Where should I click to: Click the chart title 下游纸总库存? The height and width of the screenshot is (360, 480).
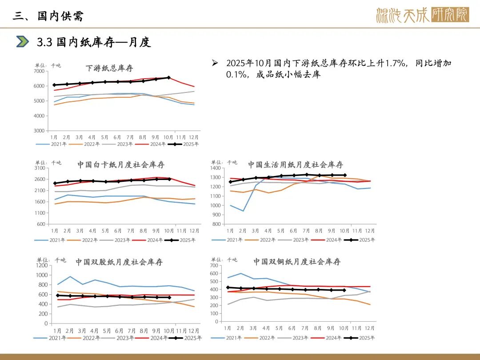[109, 68]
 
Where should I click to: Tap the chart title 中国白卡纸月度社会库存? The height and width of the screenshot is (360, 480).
[121, 165]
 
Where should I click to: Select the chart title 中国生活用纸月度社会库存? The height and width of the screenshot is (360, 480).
[296, 165]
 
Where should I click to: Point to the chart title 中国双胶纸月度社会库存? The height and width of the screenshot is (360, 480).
[119, 262]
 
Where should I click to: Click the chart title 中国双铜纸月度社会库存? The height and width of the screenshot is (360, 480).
[297, 262]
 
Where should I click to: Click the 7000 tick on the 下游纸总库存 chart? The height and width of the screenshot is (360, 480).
[39, 71]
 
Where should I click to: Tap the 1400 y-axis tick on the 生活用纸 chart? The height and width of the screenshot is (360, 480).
[216, 168]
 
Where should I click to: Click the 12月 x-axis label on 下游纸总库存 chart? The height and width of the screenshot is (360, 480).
[194, 137]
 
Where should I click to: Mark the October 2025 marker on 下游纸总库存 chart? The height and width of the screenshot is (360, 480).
[168, 78]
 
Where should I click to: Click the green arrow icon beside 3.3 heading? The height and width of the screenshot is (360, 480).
[23, 42]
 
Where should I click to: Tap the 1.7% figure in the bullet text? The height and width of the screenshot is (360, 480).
[397, 63]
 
